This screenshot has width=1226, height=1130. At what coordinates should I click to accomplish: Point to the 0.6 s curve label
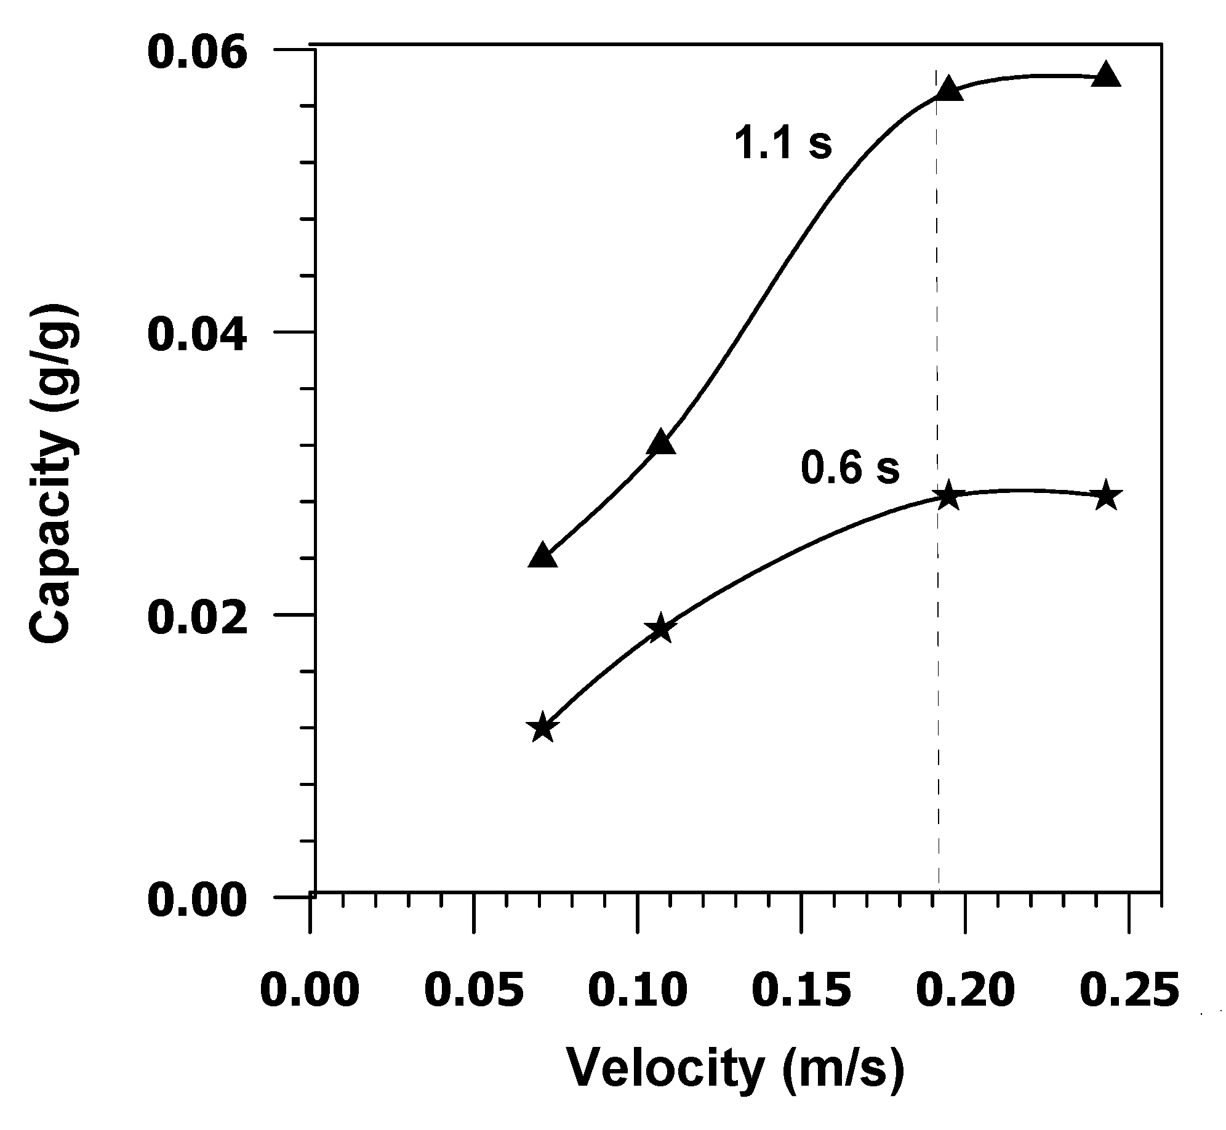(x=849, y=469)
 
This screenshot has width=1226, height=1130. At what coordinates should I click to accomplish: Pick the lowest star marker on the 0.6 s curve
(x=542, y=729)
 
